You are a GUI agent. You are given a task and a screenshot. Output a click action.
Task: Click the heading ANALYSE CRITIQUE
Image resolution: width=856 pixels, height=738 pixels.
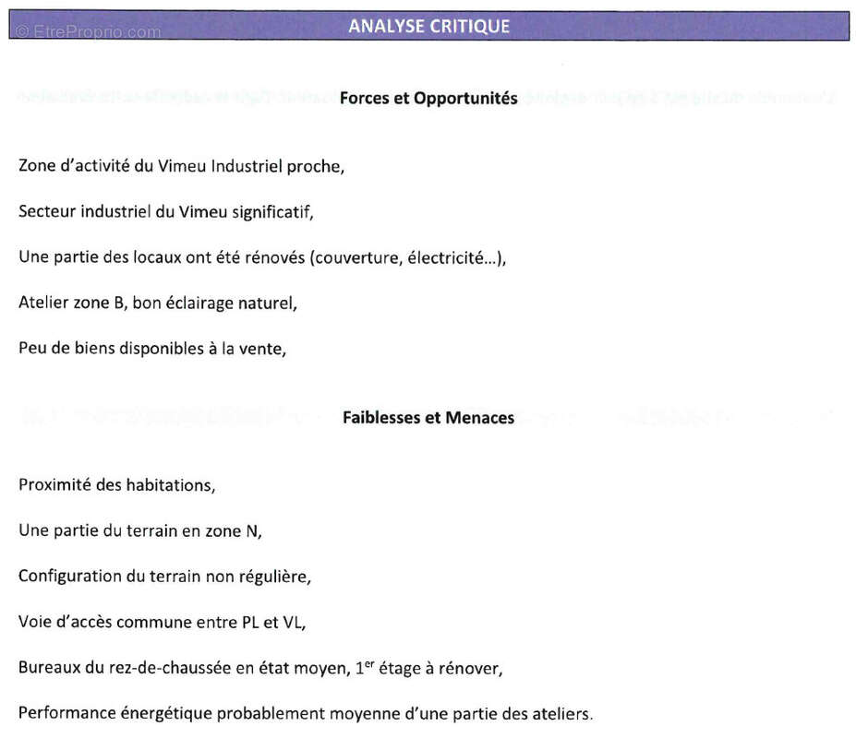[428, 26]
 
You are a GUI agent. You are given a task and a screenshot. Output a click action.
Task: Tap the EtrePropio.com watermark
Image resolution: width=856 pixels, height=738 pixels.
[89, 32]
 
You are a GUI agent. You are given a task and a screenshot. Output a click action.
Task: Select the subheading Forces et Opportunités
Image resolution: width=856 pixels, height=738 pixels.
[428, 98]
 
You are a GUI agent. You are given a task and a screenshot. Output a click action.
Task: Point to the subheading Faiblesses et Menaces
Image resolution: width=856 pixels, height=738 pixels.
[428, 418]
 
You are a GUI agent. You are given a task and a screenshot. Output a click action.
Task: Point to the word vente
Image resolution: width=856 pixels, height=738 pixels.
[262, 349]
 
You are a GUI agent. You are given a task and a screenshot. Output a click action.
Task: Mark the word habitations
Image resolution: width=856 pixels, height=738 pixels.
[170, 484]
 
